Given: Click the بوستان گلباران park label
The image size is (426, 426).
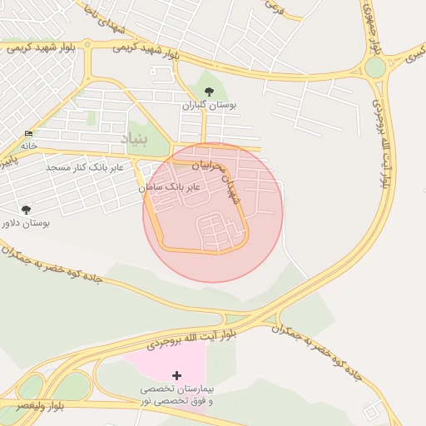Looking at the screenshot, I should click(x=210, y=106).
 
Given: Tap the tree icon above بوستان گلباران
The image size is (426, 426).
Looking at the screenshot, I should click(x=209, y=92).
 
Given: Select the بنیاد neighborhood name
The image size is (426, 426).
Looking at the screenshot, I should click(x=134, y=139).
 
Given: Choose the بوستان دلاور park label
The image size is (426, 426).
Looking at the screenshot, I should click(x=26, y=224).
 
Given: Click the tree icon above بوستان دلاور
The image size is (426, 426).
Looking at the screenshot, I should click(x=26, y=210).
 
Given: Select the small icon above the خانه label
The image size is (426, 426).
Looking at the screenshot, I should click(x=29, y=133).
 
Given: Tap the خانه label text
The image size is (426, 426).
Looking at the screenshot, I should click(x=29, y=145).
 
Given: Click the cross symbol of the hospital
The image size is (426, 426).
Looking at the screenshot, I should click(x=176, y=375).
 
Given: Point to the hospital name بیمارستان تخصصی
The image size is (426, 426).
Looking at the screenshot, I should click(x=176, y=389).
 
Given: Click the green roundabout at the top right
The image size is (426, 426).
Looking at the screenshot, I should click(x=375, y=67).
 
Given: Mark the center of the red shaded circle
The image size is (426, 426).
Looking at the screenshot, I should click(x=213, y=212).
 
